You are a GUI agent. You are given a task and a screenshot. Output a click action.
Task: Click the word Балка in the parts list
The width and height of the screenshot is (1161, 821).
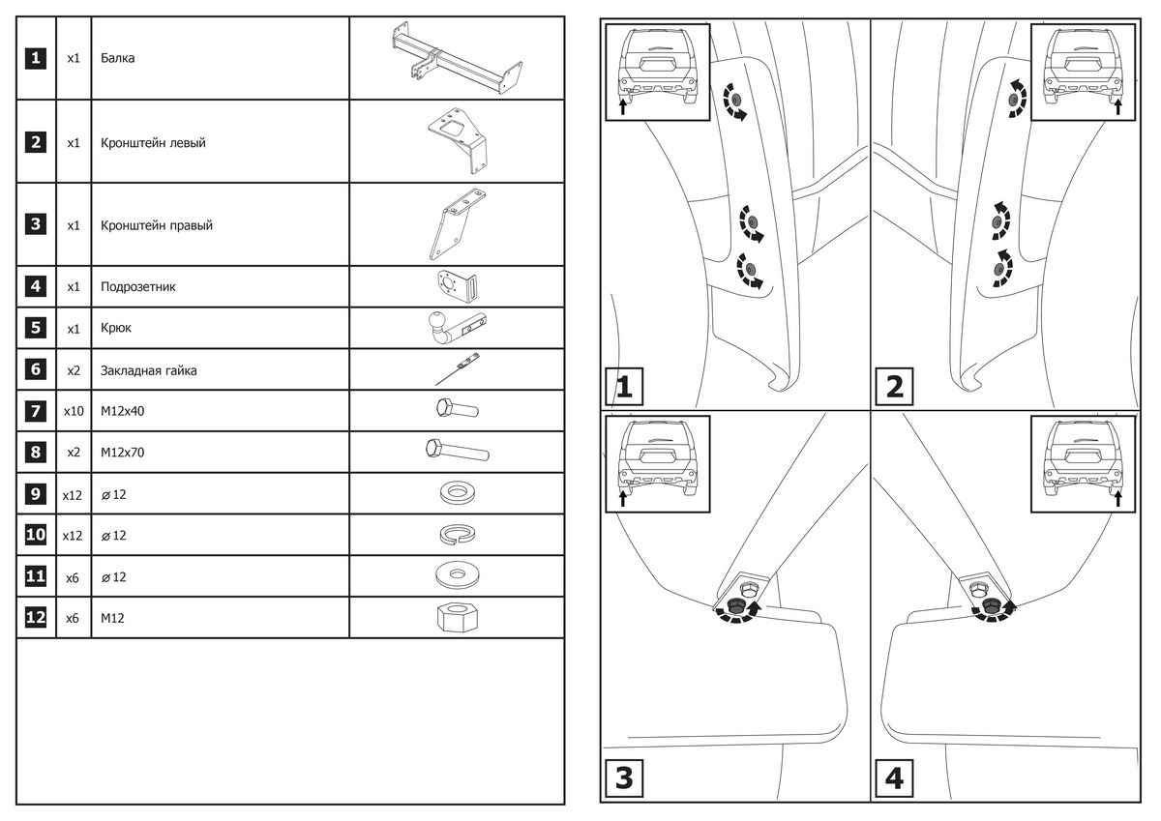[117, 58]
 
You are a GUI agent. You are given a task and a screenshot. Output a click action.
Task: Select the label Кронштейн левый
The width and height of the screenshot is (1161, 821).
[152, 143]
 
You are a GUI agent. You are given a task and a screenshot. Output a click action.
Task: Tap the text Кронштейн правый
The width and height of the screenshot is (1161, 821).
[156, 225]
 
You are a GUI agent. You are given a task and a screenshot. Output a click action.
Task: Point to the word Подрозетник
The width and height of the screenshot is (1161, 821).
[137, 287]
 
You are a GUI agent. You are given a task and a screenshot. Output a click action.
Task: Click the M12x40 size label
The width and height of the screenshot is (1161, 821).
[120, 411]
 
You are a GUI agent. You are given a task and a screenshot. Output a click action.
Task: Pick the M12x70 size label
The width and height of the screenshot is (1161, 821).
[120, 453]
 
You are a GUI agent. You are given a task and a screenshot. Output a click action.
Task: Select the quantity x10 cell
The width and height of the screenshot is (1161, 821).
[74, 411]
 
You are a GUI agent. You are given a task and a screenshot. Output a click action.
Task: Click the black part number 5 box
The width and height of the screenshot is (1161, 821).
[36, 328]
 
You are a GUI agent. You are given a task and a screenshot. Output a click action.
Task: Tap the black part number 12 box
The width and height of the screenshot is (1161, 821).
[36, 617]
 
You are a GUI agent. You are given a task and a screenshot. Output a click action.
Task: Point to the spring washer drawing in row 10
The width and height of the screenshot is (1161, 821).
[456, 535]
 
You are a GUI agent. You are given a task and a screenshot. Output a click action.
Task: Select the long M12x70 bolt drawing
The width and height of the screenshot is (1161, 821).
[456, 451]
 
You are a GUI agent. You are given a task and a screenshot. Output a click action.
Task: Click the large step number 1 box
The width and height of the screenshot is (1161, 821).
[624, 388]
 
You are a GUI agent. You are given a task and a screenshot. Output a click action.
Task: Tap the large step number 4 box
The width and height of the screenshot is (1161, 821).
[894, 778]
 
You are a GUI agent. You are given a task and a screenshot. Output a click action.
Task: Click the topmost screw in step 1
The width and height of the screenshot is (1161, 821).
[731, 101]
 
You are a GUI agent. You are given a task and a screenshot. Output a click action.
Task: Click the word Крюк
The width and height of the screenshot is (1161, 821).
[116, 328]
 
